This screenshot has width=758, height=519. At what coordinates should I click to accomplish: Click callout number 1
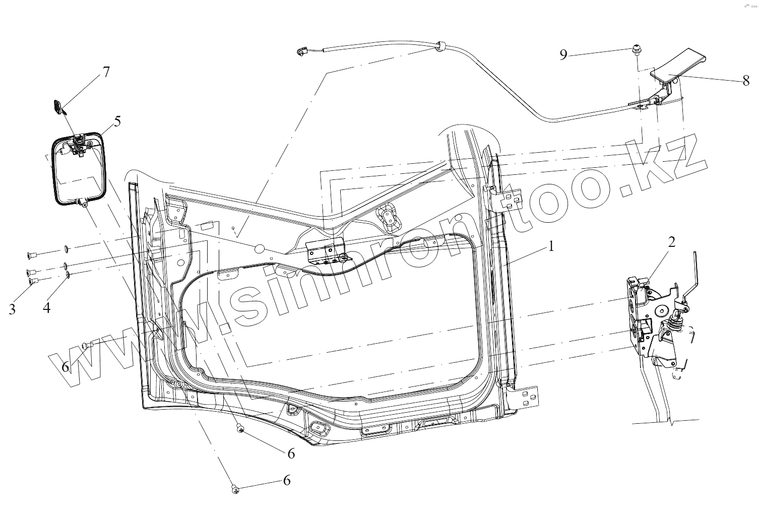[x=551, y=246]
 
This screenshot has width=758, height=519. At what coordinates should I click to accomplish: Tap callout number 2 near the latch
[x=671, y=242]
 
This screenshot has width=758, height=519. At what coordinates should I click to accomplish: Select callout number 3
[x=12, y=309]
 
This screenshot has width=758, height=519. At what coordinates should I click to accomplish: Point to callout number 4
[x=47, y=308]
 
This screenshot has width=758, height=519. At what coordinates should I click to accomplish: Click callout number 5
[x=117, y=121]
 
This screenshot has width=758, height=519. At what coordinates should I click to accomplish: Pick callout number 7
[x=106, y=72]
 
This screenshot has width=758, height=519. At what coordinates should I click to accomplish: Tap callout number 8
[x=746, y=81]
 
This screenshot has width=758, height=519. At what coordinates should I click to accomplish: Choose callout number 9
[x=563, y=54]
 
